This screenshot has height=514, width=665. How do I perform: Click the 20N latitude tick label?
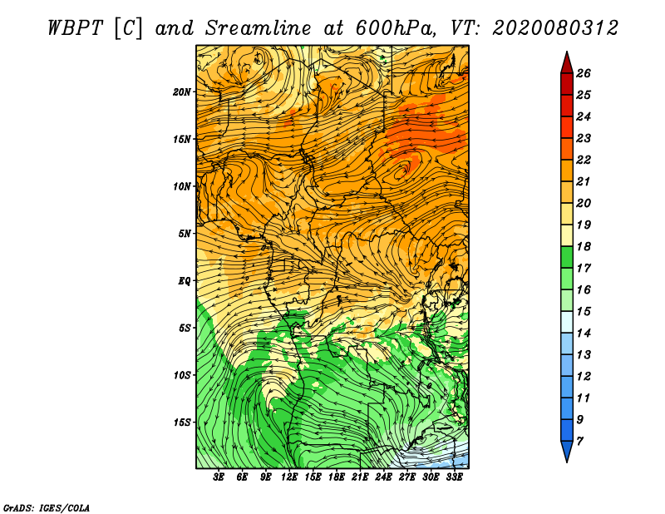click(x=181, y=92)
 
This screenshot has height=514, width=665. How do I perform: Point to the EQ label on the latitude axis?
click(x=185, y=281)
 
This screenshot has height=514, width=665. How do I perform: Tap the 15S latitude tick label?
click(x=181, y=423)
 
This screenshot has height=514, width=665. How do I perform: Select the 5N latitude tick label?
click(x=185, y=234)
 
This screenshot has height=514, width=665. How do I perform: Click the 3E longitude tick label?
click(x=219, y=477)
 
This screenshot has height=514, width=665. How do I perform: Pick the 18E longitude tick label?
click(x=336, y=477)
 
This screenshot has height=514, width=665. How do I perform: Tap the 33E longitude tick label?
click(x=454, y=477)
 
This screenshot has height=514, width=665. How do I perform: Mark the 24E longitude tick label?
click(x=383, y=477)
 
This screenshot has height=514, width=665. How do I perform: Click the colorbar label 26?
click(x=584, y=73)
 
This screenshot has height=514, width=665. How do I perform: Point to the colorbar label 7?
click(x=579, y=442)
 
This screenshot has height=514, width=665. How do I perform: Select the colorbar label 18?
click(x=584, y=246)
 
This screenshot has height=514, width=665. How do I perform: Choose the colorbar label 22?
click(x=584, y=160)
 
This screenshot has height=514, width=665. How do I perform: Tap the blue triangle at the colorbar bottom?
click(x=567, y=450)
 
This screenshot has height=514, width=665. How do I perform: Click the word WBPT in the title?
click(x=75, y=28)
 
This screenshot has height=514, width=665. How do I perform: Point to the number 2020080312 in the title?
click(x=555, y=28)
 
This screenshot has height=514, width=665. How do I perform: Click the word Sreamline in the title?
click(x=259, y=28)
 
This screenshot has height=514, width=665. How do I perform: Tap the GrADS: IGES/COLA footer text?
click(x=47, y=507)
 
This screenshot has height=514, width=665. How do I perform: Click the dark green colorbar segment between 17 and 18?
click(x=567, y=257)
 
